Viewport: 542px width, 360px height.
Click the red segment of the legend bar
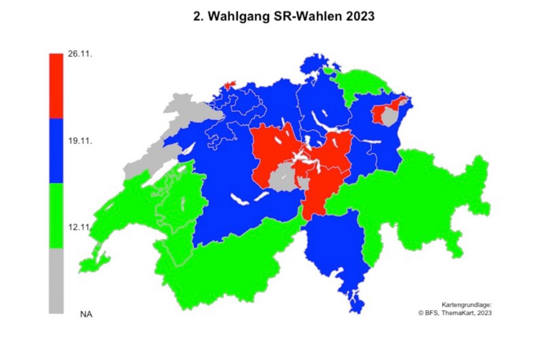pos(56,86)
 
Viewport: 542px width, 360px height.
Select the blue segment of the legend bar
pos(56,151)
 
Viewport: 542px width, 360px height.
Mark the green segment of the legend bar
pos(56,216)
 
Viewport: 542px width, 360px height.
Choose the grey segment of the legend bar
pos(56,281)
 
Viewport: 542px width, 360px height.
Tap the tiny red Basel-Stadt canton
pos(229,85)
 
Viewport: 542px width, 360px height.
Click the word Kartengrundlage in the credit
pos(467,305)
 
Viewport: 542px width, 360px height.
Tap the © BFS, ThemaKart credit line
pos(455,313)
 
